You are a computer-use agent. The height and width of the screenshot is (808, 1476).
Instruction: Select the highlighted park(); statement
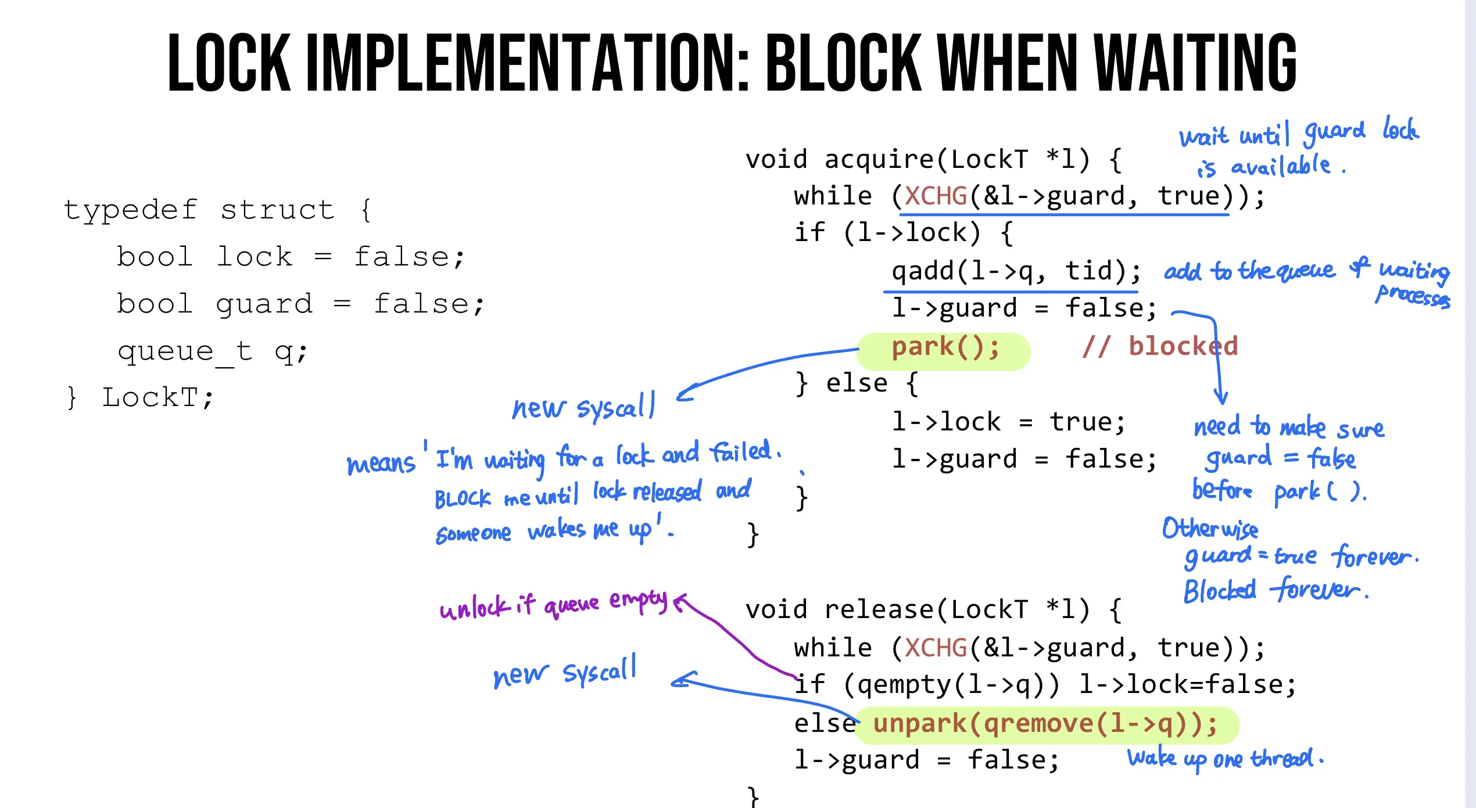pyautogui.click(x=945, y=348)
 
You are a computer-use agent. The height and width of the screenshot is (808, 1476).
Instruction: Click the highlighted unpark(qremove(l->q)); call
pyautogui.click(x=1045, y=724)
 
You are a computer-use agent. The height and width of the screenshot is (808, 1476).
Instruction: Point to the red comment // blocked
pyautogui.click(x=1160, y=347)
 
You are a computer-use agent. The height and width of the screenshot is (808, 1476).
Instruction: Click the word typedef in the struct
pyautogui.click(x=130, y=210)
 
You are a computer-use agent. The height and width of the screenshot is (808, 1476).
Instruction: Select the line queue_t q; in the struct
pyautogui.click(x=212, y=351)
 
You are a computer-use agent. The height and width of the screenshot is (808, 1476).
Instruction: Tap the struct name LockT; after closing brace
pyautogui.click(x=157, y=398)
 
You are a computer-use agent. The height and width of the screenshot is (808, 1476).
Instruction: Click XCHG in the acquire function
pyautogui.click(x=936, y=196)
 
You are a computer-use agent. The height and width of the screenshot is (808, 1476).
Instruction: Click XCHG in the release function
pyautogui.click(x=936, y=648)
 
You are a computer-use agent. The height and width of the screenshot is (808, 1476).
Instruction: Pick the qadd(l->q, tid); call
pyautogui.click(x=1016, y=271)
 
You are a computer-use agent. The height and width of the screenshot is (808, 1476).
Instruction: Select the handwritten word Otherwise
pyautogui.click(x=1210, y=529)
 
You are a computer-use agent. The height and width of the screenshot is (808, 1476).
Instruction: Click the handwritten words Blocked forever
pyautogui.click(x=1275, y=590)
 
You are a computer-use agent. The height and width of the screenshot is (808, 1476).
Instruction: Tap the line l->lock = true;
pyautogui.click(x=1008, y=422)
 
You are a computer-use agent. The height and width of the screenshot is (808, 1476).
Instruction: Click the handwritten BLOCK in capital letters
pyautogui.click(x=463, y=498)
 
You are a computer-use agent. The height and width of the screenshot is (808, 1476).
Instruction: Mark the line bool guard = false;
pyautogui.click(x=300, y=304)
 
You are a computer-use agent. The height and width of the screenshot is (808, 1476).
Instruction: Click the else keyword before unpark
pyautogui.click(x=824, y=724)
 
